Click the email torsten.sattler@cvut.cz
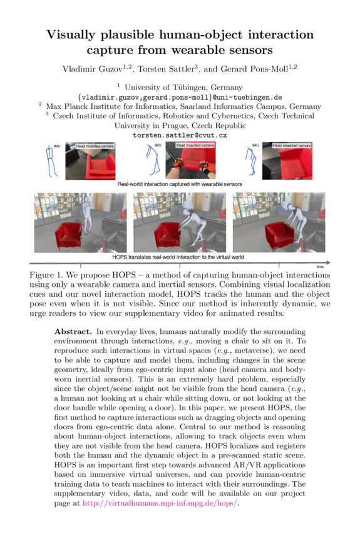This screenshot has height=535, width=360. tap(180, 135)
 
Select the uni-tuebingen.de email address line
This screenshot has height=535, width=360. tap(180, 98)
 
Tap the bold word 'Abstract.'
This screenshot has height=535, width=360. tap(73, 330)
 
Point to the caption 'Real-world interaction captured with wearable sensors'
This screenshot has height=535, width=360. tap(180, 185)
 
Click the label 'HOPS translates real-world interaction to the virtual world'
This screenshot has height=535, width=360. tap(180, 257)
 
